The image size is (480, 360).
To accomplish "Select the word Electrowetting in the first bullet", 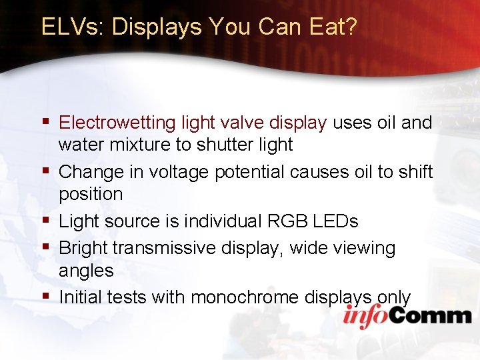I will coord(117,123).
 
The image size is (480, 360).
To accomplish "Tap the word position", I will coord(91,194).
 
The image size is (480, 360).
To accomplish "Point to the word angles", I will coord(86,271).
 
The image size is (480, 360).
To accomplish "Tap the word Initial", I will coord(79,297).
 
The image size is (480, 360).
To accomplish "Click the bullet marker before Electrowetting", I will coord(45,122).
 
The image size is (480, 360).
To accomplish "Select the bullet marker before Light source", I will coord(45,220).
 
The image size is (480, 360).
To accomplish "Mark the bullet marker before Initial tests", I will coord(45,296).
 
